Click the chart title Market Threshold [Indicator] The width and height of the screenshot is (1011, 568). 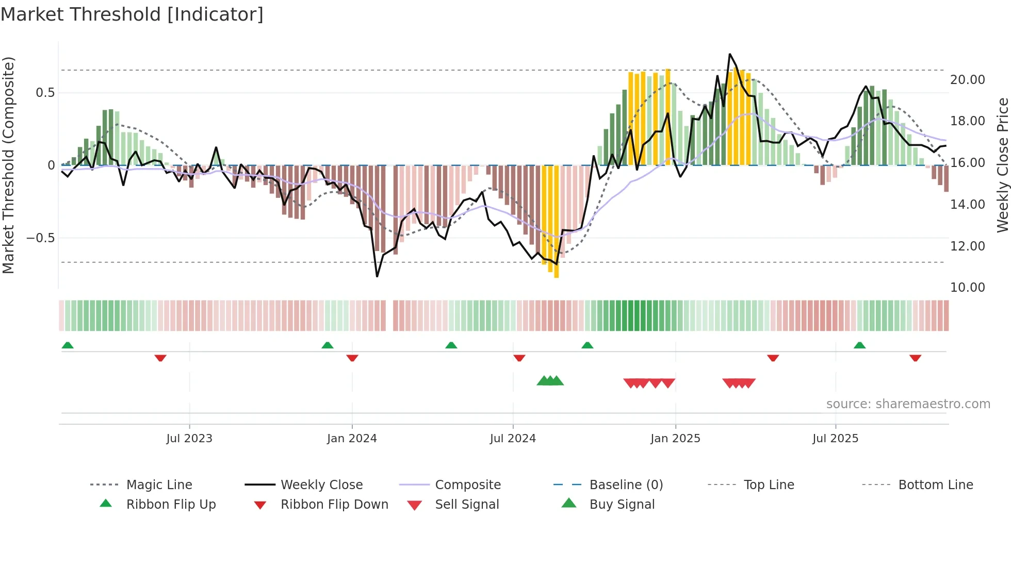pos(132,14)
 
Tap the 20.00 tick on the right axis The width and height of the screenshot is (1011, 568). pos(967,80)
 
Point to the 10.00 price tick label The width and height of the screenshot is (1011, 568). pos(967,288)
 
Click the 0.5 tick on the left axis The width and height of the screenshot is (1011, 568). pos(45,93)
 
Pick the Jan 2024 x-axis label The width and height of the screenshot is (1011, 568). pos(352,439)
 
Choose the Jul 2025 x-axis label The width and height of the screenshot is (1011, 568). pos(835,439)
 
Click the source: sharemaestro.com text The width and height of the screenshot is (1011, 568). pos(908,404)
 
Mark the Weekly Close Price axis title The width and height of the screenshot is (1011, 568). pos(1002,165)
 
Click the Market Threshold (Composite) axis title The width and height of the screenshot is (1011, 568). pos(8,165)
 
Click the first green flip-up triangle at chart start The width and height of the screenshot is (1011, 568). pos(68,345)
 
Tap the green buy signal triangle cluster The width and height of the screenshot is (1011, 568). pos(550,381)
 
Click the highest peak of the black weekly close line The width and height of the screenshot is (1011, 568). pos(729,54)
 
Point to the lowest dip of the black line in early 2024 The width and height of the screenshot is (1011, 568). pos(377,276)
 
